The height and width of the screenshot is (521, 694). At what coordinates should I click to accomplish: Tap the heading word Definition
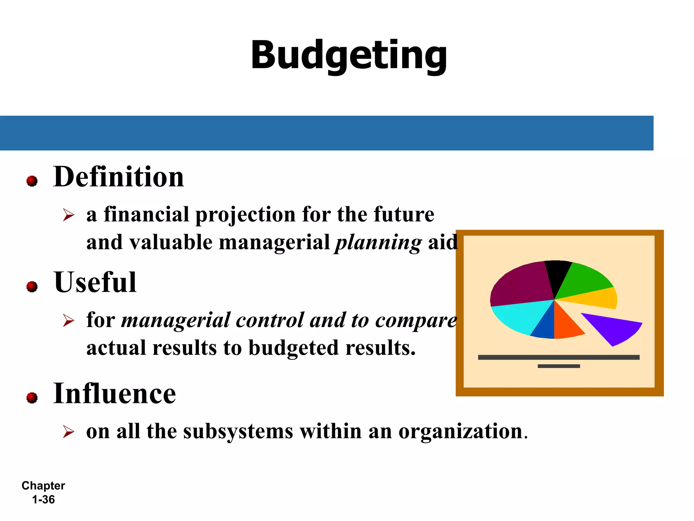point(119,177)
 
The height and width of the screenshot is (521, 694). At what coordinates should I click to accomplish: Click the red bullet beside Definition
point(32,181)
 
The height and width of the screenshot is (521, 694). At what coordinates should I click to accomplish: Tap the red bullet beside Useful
point(32,287)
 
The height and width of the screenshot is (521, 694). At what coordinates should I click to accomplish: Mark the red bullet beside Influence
point(32,398)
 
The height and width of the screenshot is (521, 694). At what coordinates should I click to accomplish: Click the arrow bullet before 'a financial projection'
point(68,215)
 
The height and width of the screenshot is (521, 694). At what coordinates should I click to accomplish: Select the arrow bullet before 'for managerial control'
point(68,321)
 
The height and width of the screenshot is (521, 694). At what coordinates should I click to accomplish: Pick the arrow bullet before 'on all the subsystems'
point(68,432)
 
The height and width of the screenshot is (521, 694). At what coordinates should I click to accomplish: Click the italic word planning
point(378,243)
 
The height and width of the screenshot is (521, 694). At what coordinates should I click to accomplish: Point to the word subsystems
point(238,432)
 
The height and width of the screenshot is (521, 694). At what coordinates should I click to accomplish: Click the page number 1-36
point(43,500)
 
